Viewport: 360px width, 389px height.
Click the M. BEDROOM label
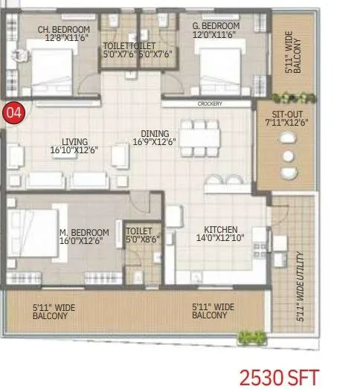tap(84, 233)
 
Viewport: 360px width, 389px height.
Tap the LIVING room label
tap(75, 141)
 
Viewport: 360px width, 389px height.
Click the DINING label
tap(155, 133)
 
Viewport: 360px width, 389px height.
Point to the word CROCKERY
tap(210, 104)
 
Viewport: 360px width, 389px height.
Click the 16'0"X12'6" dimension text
tap(84, 241)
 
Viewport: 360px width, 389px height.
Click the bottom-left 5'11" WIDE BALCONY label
tap(50, 310)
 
